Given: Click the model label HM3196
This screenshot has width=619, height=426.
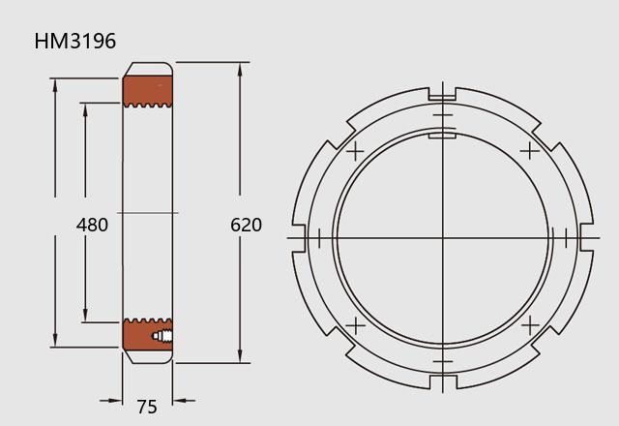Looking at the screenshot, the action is tap(75, 41).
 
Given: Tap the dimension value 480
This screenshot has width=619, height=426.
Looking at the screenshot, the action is tap(92, 225).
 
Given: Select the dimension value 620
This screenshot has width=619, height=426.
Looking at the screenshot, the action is tap(246, 225).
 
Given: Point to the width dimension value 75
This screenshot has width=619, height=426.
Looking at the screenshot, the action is tap(147, 407).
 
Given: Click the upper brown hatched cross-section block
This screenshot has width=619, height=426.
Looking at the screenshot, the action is tap(148, 91).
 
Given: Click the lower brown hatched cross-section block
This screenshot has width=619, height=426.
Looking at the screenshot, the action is tap(147, 335).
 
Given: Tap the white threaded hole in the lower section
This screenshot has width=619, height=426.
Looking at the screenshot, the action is tap(162, 336).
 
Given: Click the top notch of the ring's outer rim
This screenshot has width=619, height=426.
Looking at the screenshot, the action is tap(442, 93).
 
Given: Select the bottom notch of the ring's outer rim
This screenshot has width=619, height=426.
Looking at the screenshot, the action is tap(443, 382).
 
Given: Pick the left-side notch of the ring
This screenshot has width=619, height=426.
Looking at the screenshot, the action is tap(299, 237).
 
